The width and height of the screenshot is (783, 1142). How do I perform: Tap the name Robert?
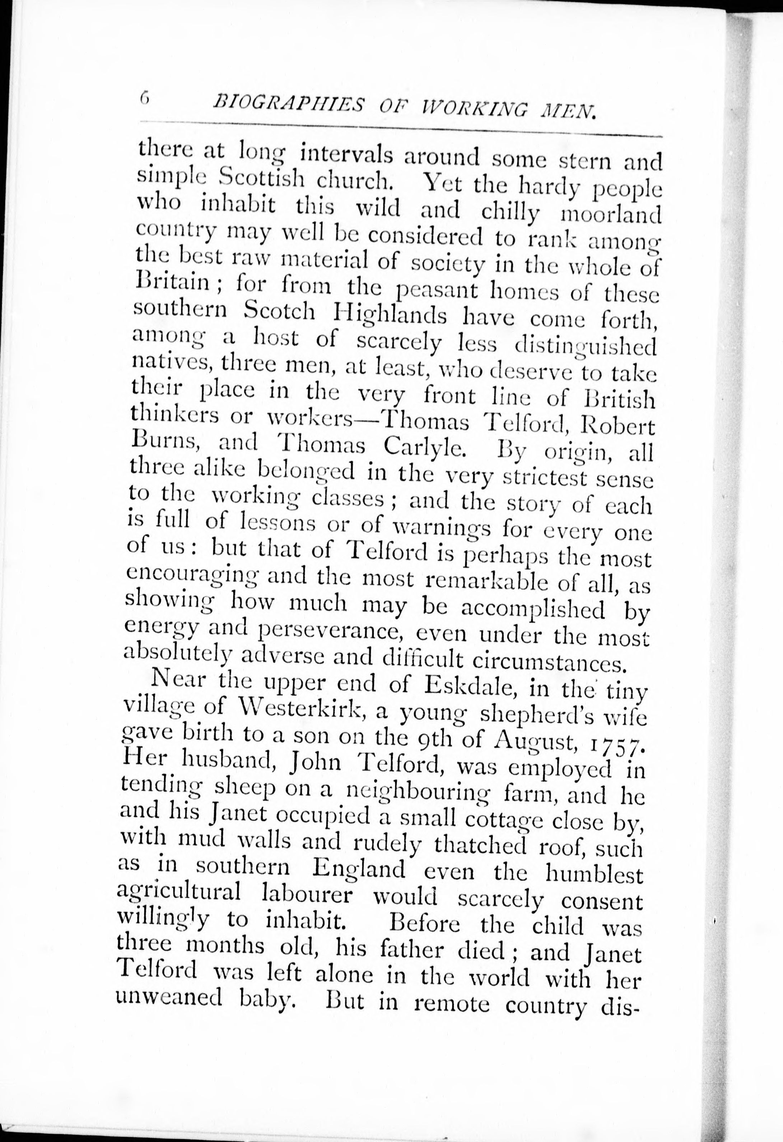click(617, 426)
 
